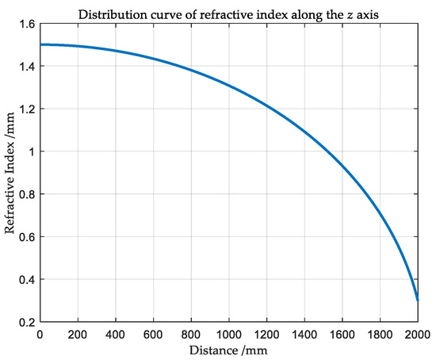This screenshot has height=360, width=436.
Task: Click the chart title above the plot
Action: click(228, 11)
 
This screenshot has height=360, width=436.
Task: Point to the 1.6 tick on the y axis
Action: click(27, 24)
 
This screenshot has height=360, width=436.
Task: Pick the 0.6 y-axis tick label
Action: click(27, 237)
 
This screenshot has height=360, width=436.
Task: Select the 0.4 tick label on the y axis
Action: click(27, 279)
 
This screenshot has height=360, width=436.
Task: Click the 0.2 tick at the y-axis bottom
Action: click(27, 322)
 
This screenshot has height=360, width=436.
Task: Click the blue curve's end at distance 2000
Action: click(418, 301)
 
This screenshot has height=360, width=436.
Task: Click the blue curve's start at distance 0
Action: click(40, 44)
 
